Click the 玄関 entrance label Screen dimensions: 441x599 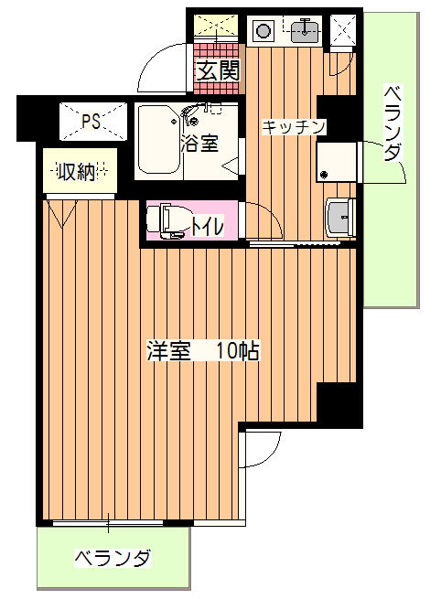click(x=219, y=70)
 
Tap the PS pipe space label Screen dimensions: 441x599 click(x=91, y=121)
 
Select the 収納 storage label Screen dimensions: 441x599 click(x=76, y=172)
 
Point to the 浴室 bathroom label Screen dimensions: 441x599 click(x=199, y=143)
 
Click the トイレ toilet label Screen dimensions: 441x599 click(x=207, y=227)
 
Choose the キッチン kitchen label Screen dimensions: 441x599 click(x=293, y=127)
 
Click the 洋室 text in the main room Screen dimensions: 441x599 click(x=169, y=350)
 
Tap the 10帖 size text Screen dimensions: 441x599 click(x=238, y=350)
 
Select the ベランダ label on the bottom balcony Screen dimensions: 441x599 click(x=113, y=559)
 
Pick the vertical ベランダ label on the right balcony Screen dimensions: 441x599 click(x=393, y=123)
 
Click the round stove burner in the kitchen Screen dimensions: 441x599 click(x=263, y=30)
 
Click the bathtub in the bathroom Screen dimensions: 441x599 click(x=159, y=139)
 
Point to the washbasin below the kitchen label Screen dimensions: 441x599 click(x=339, y=218)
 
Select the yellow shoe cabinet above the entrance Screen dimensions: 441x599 click(x=216, y=26)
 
